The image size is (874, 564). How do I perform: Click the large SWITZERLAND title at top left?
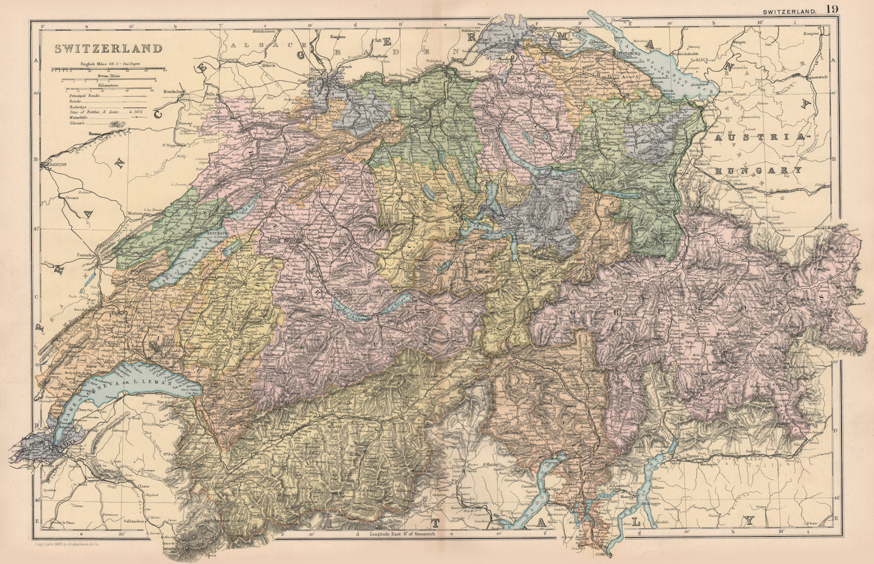point(108,48)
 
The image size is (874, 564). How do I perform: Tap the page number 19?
point(832,8)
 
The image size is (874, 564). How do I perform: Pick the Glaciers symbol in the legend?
point(119,123)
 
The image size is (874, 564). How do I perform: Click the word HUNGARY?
point(759,170)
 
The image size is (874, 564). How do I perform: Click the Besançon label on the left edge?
point(49,163)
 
